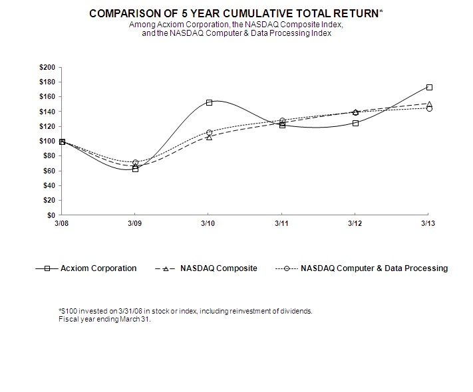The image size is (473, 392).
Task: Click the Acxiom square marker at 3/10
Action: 209,102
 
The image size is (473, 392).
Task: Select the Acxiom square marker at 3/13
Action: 429,87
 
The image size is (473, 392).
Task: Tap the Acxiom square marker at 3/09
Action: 135,169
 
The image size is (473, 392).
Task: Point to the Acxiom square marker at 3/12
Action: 355,123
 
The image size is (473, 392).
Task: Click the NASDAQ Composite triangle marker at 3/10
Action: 209,137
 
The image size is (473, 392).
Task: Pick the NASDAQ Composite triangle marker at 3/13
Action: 429,104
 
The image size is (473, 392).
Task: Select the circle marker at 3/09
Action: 135,163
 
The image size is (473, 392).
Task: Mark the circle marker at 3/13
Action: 429,108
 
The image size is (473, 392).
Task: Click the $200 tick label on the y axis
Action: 49,67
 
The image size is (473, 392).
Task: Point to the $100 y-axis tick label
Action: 49,142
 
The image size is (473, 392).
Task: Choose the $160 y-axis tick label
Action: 49,97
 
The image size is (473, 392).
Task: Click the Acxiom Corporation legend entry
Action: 98,268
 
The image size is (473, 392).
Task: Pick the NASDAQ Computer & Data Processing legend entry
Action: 374,268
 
